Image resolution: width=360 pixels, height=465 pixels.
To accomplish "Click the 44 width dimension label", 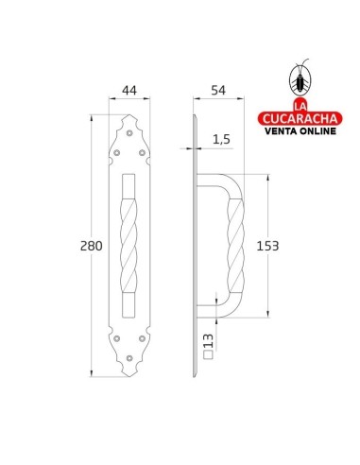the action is pos(129,91).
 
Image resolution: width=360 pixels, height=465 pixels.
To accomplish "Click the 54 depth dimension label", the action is pos(218,91).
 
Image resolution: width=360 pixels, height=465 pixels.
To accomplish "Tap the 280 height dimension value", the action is pos(92,246).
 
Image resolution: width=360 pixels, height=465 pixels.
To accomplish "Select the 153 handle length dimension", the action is pos(267,246).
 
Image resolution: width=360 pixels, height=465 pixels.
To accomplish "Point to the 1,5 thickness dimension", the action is pos(221,139).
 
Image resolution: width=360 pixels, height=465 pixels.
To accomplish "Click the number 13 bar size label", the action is pos(208,341).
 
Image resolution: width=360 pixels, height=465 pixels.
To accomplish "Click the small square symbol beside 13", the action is pos(208,354).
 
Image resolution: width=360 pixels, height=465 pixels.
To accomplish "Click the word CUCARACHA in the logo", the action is pos(300,118).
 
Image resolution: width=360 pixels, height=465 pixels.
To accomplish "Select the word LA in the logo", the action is pos(300,106).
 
